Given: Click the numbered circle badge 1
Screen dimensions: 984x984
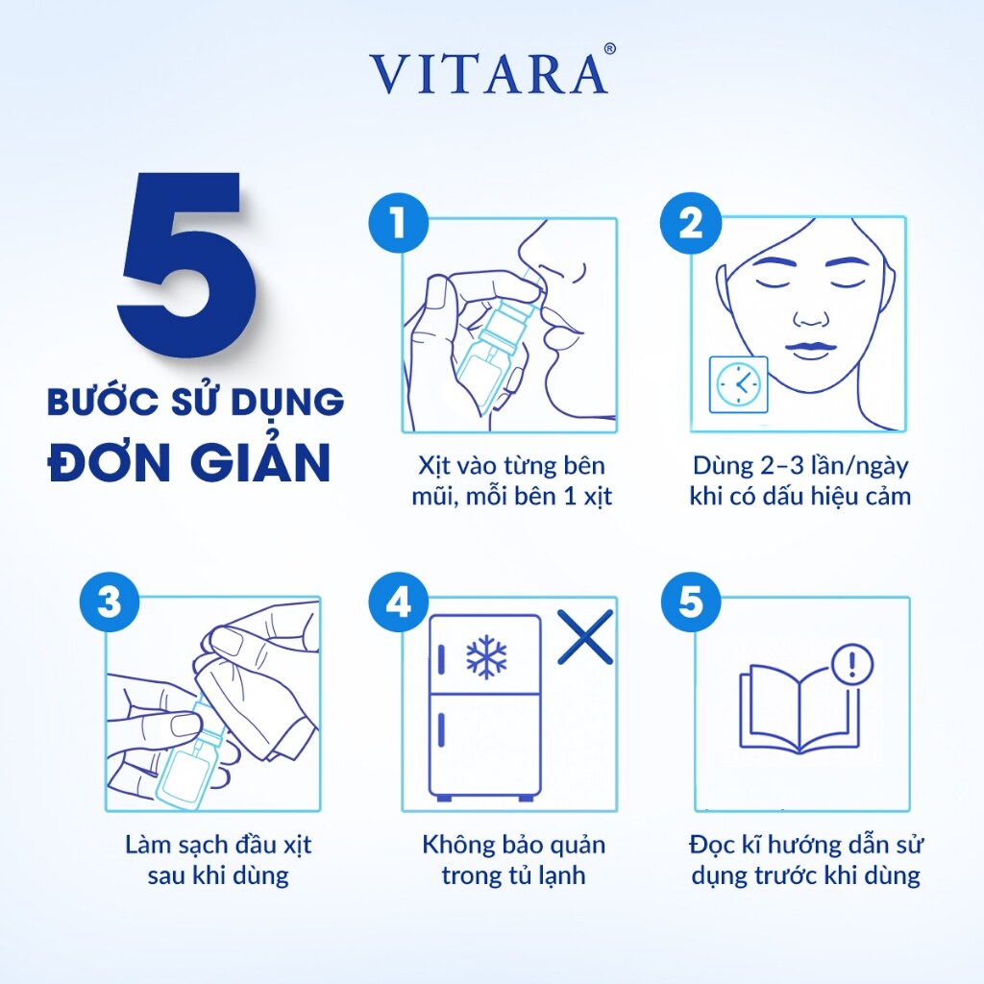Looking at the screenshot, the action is pyautogui.click(x=399, y=223).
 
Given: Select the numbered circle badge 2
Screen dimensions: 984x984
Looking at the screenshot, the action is pyautogui.click(x=691, y=223).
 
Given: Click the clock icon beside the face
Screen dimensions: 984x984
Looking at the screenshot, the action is pyautogui.click(x=739, y=384).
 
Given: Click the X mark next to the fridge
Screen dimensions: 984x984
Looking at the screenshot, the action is pyautogui.click(x=585, y=637).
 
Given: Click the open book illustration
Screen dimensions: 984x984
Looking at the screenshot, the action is pyautogui.click(x=799, y=709).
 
